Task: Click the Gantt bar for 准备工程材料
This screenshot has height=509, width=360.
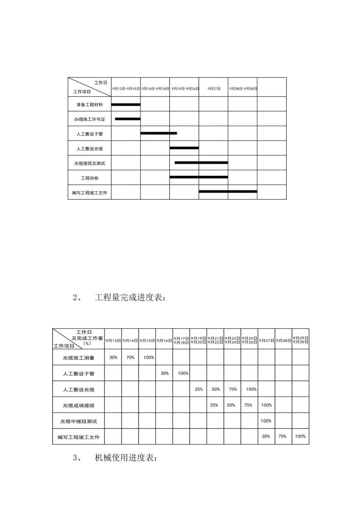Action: pos(126,105)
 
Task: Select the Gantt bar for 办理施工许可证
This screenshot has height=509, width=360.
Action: pos(128,119)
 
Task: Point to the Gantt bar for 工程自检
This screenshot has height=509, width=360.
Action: pos(199,177)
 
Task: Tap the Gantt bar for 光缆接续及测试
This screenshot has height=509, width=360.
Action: pos(201,162)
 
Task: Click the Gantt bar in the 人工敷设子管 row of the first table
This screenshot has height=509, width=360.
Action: pos(158,133)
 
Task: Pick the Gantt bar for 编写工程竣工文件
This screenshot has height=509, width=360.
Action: pos(228,192)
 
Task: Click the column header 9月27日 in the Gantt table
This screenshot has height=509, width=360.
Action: pos(214,89)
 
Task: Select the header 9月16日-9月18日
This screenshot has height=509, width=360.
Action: pos(155,89)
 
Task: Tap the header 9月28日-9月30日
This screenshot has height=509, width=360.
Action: pos(243,89)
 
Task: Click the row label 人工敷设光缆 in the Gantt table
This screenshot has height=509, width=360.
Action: pos(89,148)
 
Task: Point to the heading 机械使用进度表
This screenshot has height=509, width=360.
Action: pos(125,458)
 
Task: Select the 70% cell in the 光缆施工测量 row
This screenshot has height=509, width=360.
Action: pos(130,358)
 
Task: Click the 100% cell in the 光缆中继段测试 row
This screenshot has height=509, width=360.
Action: pos(266,421)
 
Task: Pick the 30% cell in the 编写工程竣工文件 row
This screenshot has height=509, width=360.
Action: pos(266,436)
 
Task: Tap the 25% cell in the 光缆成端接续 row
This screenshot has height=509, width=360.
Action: pos(214,405)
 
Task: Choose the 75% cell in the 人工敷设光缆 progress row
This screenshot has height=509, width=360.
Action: pos(233,389)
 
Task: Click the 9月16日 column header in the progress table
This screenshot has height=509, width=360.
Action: pos(164,341)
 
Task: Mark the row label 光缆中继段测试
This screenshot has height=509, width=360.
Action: pos(78,421)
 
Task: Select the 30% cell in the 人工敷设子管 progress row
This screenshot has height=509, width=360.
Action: pos(164,373)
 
